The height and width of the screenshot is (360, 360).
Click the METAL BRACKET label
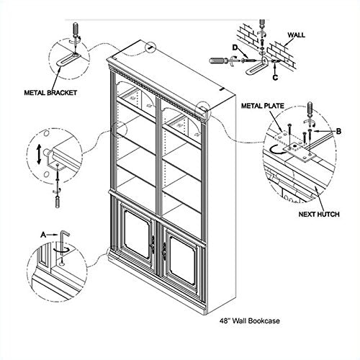[x=50, y=93]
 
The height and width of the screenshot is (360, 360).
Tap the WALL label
[x=297, y=35]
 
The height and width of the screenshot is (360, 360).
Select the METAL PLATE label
[x=263, y=106]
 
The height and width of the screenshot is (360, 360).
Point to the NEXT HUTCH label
[x=319, y=214]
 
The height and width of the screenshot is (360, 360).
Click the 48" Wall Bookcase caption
[x=250, y=320]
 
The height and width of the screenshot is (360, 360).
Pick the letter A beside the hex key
[x=43, y=235]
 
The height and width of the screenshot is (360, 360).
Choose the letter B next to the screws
[x=338, y=131]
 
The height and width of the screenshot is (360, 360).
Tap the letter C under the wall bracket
[x=275, y=77]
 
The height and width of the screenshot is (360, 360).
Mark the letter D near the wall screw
[x=235, y=48]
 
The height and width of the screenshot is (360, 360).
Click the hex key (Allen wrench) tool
[x=63, y=243]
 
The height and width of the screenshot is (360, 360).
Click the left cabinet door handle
[x=153, y=244]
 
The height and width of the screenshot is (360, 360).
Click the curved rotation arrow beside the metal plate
[x=276, y=150]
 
